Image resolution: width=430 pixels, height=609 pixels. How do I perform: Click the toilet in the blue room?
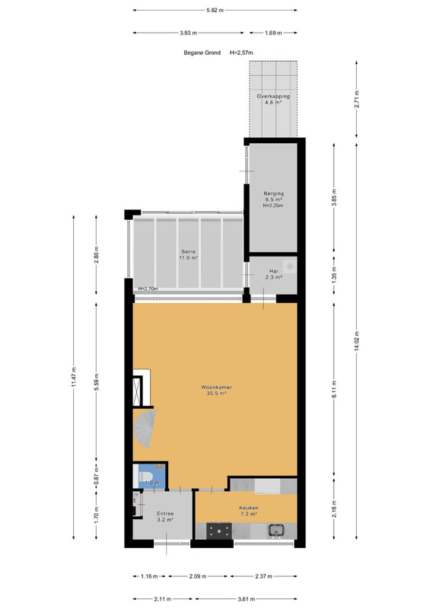pos(145,476)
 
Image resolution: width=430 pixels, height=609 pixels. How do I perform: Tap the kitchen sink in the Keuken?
pos(276,529)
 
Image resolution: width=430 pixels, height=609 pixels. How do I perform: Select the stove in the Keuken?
pos(218,531)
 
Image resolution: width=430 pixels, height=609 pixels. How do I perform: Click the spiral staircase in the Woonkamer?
pos(145,429)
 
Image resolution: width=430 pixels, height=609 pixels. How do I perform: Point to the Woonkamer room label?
pos(216,390)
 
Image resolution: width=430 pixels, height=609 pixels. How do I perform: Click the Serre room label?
pos(189,254)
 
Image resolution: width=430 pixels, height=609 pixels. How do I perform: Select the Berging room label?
pos(273,199)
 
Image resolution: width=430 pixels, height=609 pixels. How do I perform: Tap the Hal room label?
pos(273,274)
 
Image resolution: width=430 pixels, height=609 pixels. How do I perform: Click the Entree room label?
pos(165,516)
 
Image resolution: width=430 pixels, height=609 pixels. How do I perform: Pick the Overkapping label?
pos(273,99)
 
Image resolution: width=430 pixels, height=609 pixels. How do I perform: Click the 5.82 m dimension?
pos(215,10)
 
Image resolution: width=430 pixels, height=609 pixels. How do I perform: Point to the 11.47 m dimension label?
pos(74,377)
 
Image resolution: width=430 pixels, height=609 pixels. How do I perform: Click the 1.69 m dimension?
pos(273,33)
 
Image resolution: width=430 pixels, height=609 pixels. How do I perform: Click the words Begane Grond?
pos(202,53)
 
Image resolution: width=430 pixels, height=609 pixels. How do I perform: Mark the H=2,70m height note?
pos(148,289)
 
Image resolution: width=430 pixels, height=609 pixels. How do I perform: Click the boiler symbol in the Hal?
pos(289,266)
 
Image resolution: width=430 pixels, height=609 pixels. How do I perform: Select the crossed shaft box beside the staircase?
pos(138,391)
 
